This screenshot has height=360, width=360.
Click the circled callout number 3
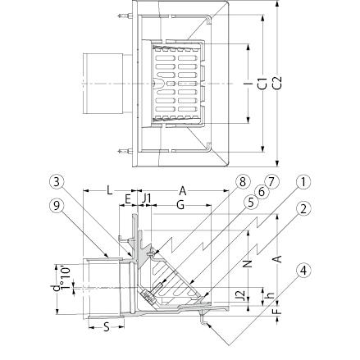(x=57, y=182)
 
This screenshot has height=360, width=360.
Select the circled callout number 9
(x=57, y=206)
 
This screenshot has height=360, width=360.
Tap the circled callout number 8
(x=243, y=182)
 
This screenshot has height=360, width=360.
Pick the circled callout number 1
(x=303, y=182)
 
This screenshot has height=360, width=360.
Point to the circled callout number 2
(x=303, y=209)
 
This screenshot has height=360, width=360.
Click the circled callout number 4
(x=303, y=271)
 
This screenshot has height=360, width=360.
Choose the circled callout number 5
(x=251, y=203)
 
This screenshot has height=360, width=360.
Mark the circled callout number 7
(x=272, y=182)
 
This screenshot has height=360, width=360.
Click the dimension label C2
(x=277, y=83)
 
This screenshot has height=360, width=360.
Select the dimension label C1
(x=262, y=83)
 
